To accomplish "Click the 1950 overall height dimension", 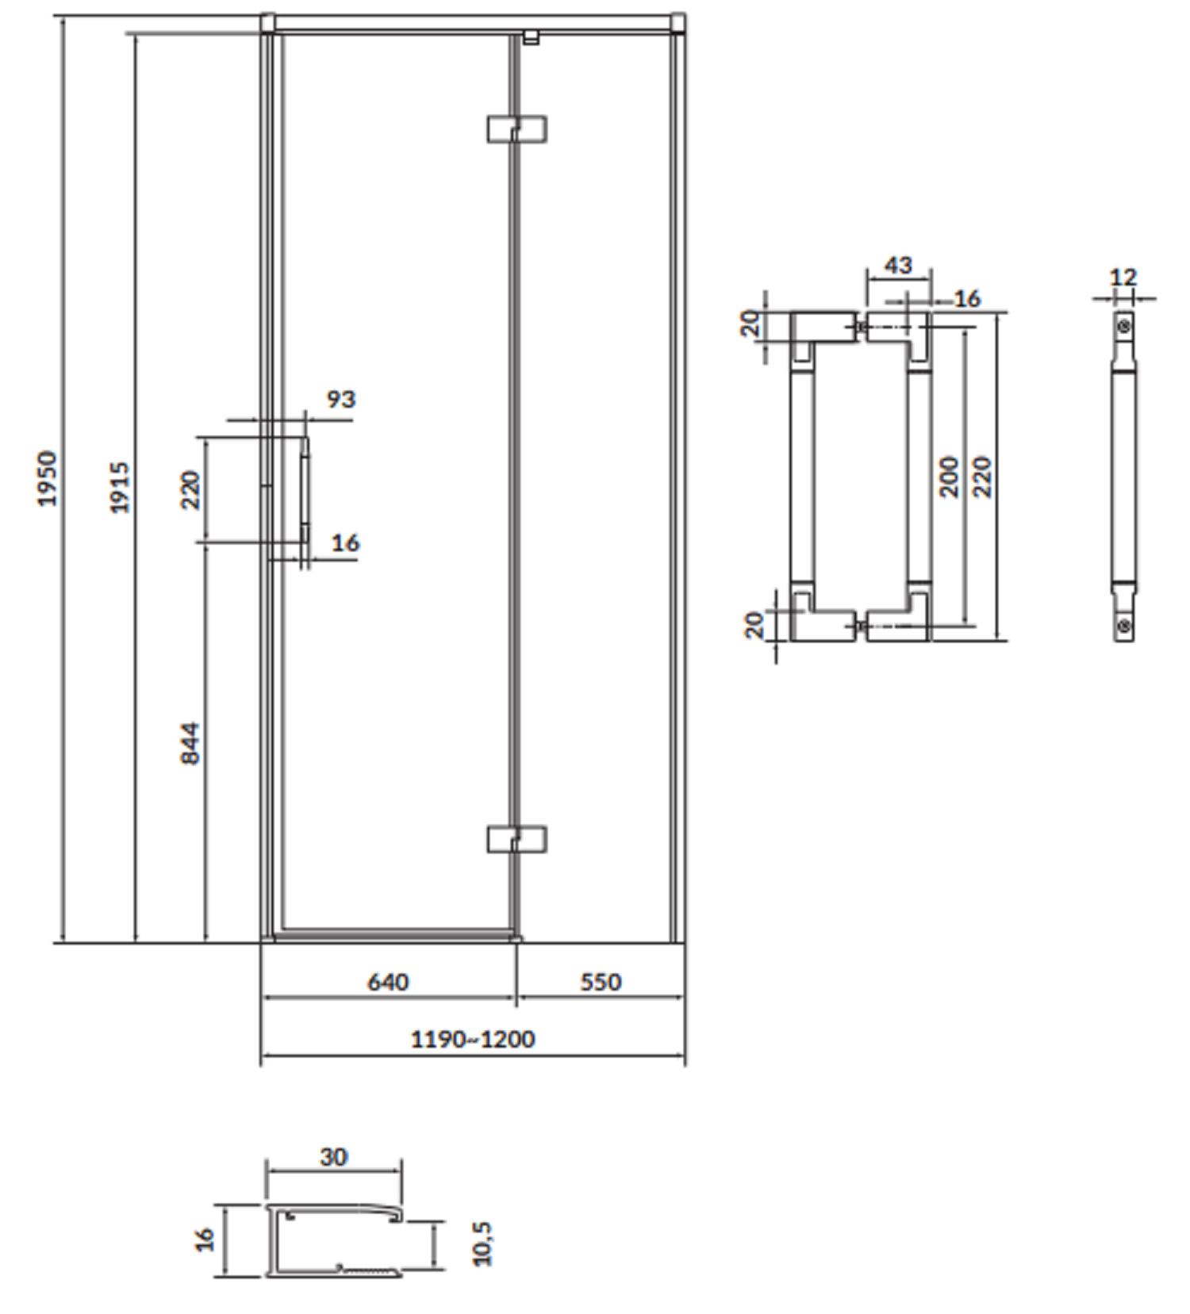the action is coord(48,478).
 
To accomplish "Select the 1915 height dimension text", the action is coord(119,488).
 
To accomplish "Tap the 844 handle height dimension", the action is coord(190,743).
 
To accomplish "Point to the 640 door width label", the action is coord(388,982).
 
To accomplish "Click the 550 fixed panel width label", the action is coord(601,982).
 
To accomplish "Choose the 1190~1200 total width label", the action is coord(473,1039).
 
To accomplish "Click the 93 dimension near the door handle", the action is coord(341,399).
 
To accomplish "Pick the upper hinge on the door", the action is coord(516,129).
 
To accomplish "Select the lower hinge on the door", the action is coord(516,840).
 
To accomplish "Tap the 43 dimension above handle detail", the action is coord(898,265).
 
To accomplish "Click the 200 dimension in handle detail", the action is coord(949,477).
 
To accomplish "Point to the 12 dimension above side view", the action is coord(1123,277).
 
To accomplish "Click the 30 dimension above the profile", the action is coord(334,1157).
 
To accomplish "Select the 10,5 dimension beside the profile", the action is coord(482,1243).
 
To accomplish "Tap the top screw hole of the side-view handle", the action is coord(1123,325).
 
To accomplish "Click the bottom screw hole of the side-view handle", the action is coord(1123,626).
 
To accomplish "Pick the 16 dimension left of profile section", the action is coord(205,1239).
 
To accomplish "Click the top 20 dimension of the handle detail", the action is coord(750,324).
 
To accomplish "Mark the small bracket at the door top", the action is coord(531,36).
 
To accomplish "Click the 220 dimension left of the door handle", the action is coord(190,490).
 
